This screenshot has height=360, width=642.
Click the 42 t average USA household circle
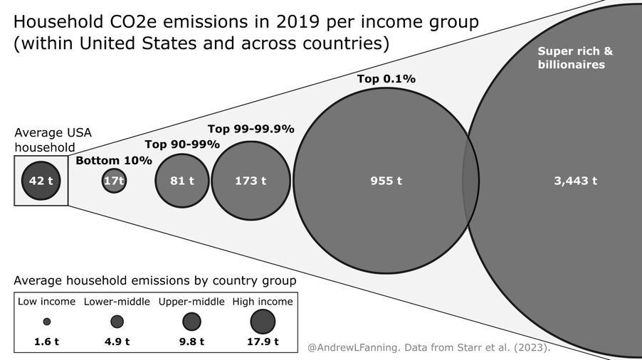(x=41, y=181)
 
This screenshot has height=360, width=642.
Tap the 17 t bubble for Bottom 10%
(x=114, y=181)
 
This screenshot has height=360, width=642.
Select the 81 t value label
(x=182, y=181)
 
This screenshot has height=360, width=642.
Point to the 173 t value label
(x=251, y=181)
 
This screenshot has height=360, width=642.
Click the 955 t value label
(x=386, y=181)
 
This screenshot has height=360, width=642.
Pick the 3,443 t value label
(x=575, y=181)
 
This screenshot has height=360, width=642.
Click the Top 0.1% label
(x=386, y=79)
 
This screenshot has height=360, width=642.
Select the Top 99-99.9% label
(x=251, y=129)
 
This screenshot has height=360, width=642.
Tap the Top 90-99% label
(x=181, y=144)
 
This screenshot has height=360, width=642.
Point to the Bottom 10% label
(x=114, y=161)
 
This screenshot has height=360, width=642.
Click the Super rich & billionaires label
(x=575, y=58)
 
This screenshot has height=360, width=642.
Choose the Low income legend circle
(x=47, y=322)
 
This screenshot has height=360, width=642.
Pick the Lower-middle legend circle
(x=117, y=322)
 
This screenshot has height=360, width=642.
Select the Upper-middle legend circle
(x=191, y=322)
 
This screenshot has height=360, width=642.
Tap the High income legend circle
(x=263, y=322)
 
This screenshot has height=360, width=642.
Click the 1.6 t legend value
(x=47, y=342)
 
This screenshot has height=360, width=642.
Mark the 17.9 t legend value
(x=263, y=342)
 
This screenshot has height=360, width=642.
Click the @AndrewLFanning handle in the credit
(x=344, y=348)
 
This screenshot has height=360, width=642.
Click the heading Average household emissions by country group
(x=155, y=281)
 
